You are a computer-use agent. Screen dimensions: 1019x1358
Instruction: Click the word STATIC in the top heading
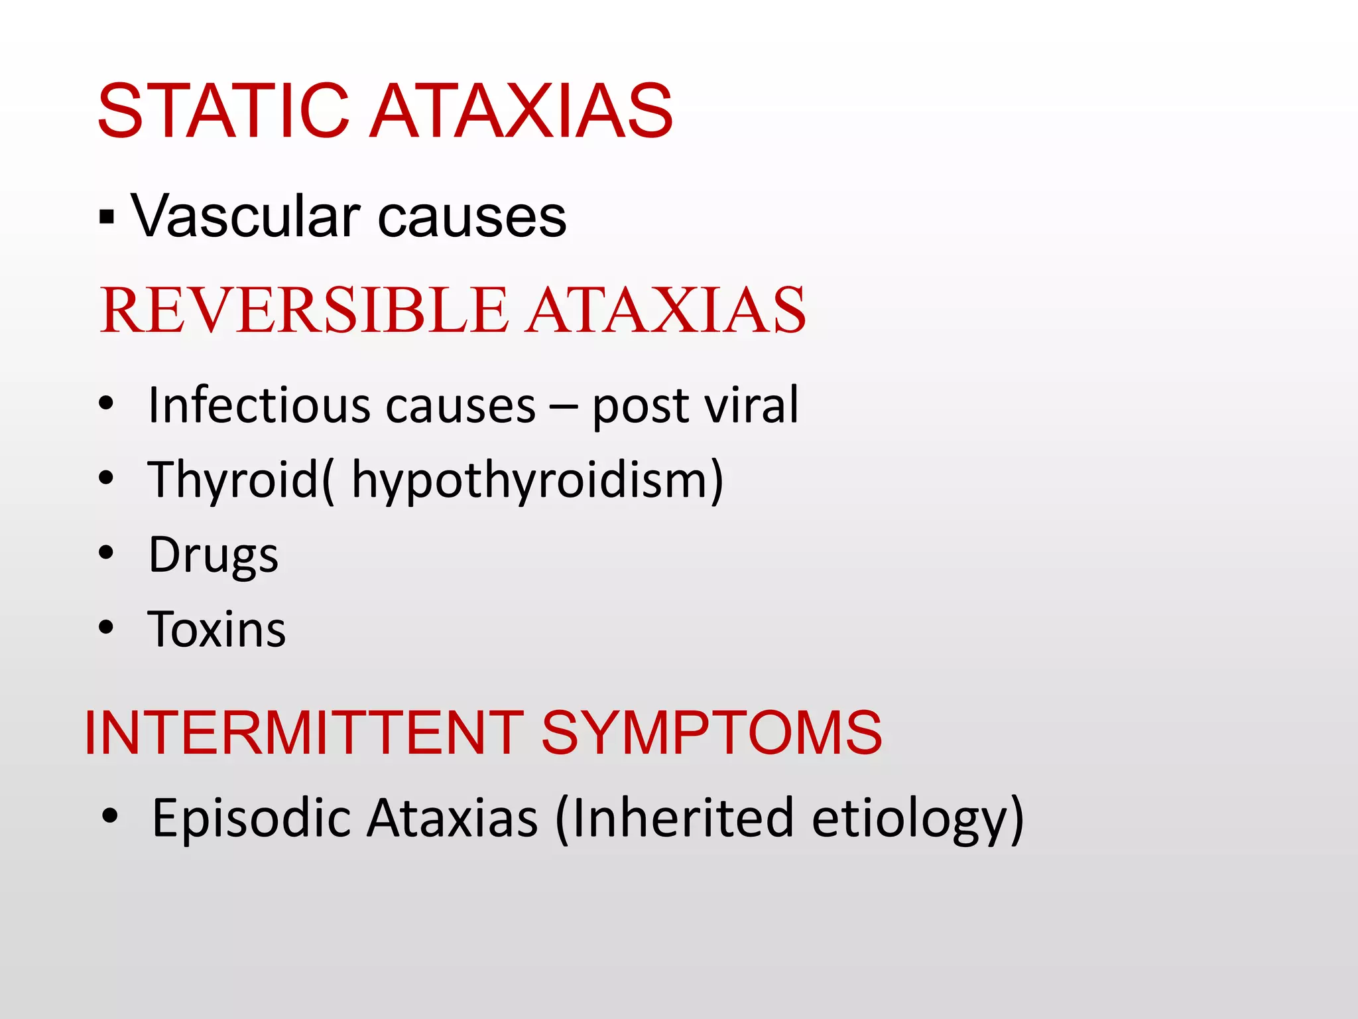(223, 111)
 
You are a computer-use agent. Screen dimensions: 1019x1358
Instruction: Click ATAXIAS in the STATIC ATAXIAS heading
(521, 111)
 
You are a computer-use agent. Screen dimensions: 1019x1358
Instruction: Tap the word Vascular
(246, 216)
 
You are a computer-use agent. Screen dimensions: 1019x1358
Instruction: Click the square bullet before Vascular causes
(107, 217)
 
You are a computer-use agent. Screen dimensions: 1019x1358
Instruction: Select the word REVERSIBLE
(304, 310)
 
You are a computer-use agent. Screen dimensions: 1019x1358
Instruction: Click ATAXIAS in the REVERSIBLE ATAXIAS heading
(666, 310)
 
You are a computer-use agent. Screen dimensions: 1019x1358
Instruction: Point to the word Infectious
(259, 405)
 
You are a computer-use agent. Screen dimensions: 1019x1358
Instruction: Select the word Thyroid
(233, 479)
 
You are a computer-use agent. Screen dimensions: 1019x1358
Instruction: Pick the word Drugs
(213, 555)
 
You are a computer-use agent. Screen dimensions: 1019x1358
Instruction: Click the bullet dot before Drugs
(106, 553)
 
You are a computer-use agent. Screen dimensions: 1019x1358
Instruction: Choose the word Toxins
(217, 629)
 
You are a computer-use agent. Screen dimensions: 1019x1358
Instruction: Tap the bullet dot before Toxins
(106, 627)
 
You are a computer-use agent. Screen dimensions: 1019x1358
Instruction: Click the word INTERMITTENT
(304, 732)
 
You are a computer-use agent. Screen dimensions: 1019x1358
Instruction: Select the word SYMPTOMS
(711, 732)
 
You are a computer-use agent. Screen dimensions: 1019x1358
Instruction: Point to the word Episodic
(251, 818)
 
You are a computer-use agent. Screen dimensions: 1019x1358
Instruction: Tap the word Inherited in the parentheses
(682, 818)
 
